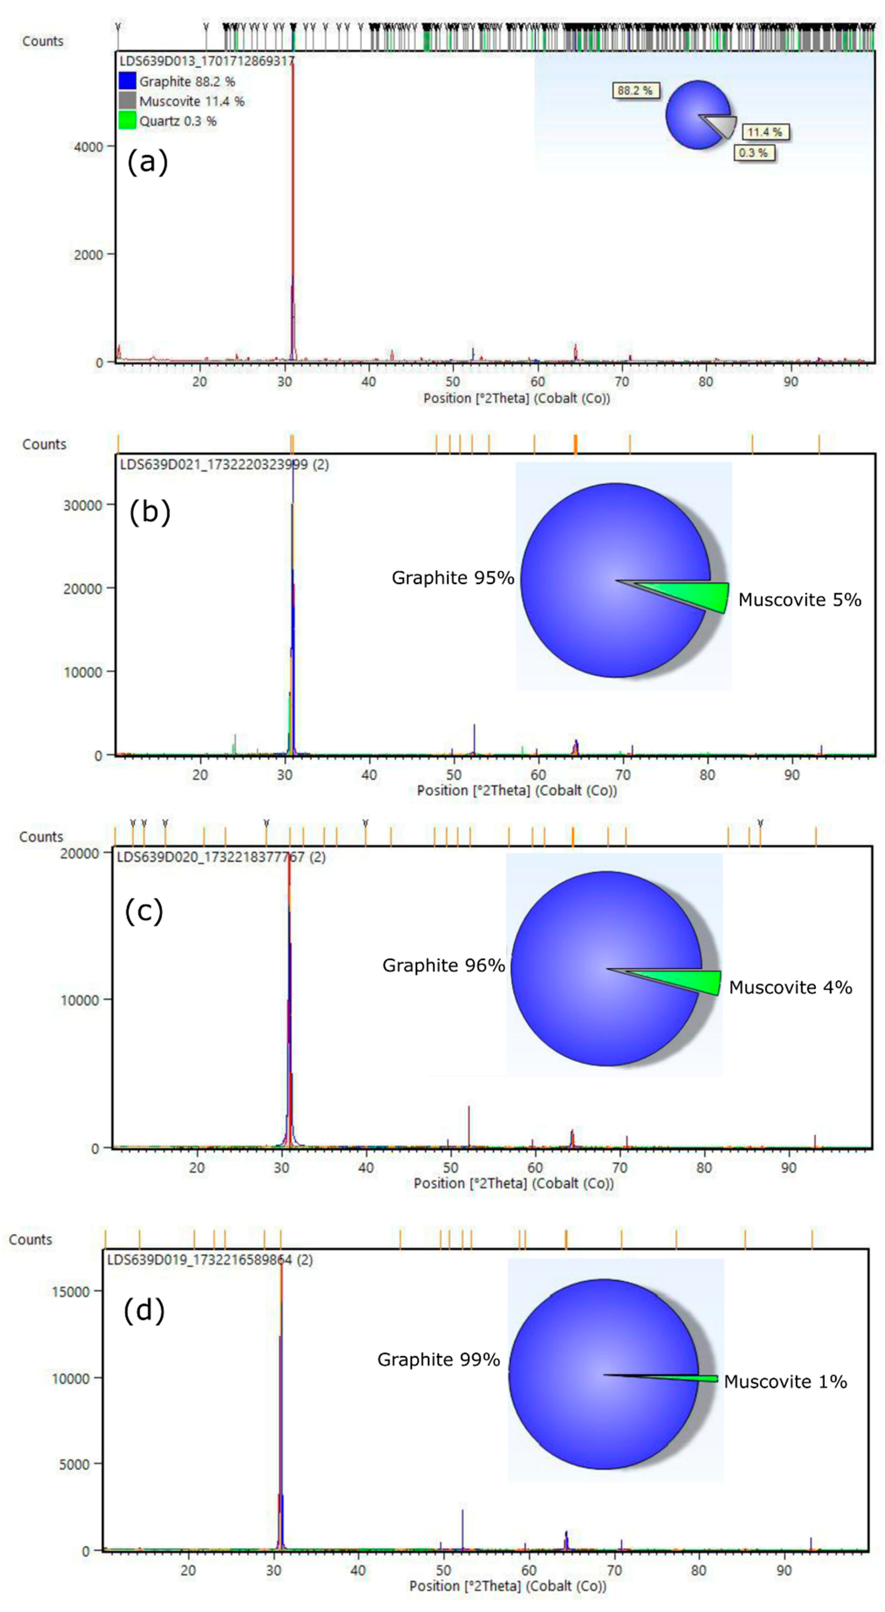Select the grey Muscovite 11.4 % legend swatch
pyautogui.click(x=127, y=101)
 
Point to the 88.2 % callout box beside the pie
pyautogui.click(x=635, y=91)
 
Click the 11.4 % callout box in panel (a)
pyautogui.click(x=765, y=132)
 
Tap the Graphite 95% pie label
pyautogui.click(x=453, y=577)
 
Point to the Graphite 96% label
pyautogui.click(x=444, y=965)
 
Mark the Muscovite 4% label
pyautogui.click(x=790, y=988)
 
